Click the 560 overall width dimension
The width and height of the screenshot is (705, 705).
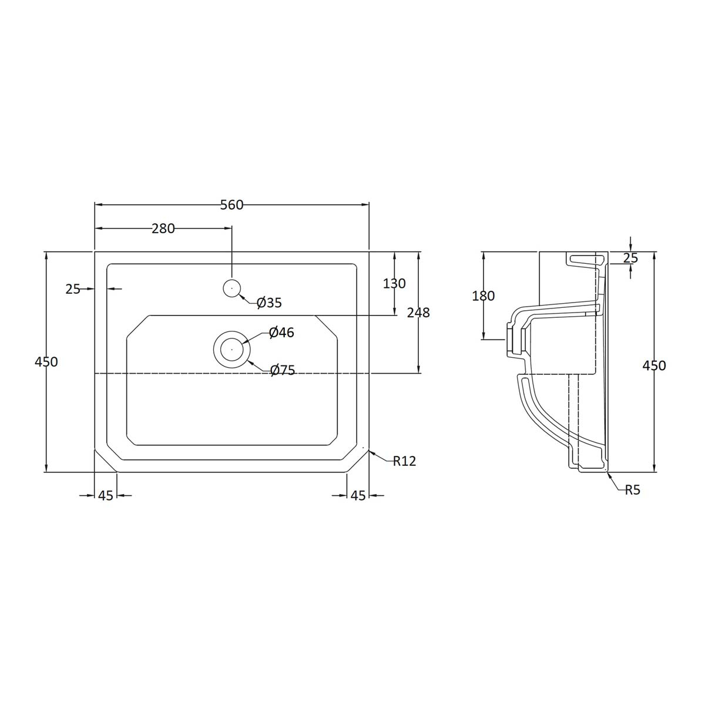pyautogui.click(x=231, y=204)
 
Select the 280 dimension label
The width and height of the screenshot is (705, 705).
pyautogui.click(x=163, y=229)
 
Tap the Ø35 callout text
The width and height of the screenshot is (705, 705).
pyautogui.click(x=269, y=303)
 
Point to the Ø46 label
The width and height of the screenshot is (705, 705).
pyautogui.click(x=281, y=333)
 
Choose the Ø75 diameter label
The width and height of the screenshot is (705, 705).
pyautogui.click(x=283, y=370)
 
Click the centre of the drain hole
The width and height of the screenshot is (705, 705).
pyautogui.click(x=232, y=348)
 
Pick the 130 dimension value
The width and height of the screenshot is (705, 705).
pyautogui.click(x=394, y=283)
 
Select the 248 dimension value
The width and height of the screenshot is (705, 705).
pyautogui.click(x=418, y=313)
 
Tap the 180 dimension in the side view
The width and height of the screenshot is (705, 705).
pyautogui.click(x=484, y=296)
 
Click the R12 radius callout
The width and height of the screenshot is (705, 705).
pyautogui.click(x=404, y=461)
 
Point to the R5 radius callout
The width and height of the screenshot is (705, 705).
pyautogui.click(x=632, y=490)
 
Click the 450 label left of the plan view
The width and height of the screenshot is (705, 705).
pyautogui.click(x=46, y=362)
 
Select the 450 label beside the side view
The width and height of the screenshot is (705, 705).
pyautogui.click(x=654, y=365)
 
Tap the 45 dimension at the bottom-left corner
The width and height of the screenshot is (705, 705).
pyautogui.click(x=106, y=496)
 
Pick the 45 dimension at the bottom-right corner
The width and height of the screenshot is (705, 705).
pyautogui.click(x=358, y=496)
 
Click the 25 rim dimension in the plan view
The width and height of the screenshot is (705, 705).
pyautogui.click(x=73, y=288)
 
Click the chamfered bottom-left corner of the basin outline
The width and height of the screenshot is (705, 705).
pyautogui.click(x=106, y=461)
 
